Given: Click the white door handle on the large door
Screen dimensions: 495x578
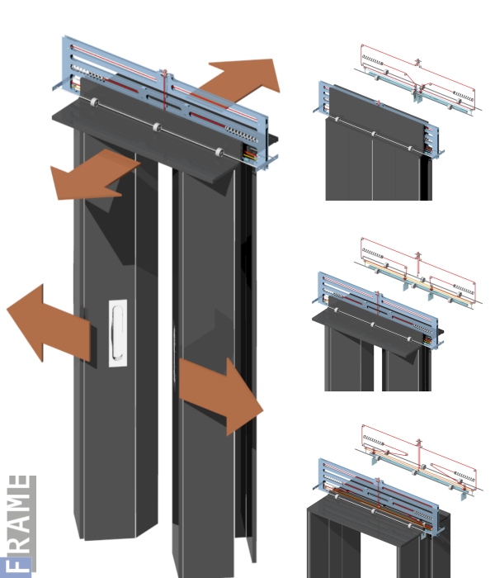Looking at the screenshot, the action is point(118,334).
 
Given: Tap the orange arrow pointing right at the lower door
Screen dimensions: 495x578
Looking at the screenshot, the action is point(221,396).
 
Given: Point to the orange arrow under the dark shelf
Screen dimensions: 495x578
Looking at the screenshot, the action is point(94,175).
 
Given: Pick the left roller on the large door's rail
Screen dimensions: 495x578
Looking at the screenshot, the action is point(94,102).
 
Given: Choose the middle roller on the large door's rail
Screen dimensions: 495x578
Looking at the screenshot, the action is point(157,127).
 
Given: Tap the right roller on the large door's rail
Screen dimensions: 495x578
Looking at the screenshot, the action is point(219,152).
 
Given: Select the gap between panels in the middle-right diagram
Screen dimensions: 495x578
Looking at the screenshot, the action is point(378,367).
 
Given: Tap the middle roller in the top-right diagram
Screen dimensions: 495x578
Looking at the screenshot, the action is point(374,134).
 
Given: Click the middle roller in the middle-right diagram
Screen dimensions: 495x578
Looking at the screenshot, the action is point(373,325).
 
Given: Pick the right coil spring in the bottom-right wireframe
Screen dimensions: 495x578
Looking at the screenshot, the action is point(464,477).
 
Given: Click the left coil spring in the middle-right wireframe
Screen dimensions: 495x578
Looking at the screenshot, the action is point(373,253).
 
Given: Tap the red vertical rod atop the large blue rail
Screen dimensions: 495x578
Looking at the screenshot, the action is point(165,89).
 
